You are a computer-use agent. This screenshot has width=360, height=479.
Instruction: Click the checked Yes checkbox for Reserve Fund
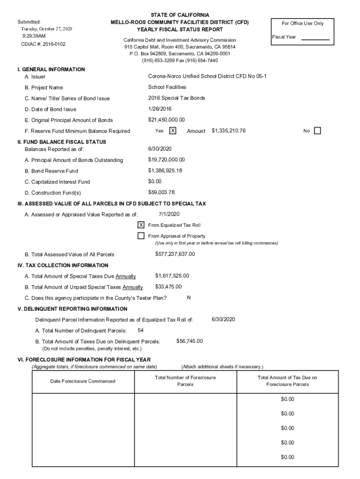point(173,131)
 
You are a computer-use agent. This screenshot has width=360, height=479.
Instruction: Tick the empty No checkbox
point(317,131)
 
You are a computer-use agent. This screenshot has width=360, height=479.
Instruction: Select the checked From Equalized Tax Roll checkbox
point(141,225)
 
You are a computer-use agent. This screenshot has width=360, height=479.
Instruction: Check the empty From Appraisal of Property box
point(141,236)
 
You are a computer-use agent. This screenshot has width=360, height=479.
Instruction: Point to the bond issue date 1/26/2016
point(161,109)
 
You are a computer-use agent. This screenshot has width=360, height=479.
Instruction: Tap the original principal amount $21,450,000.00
point(166,120)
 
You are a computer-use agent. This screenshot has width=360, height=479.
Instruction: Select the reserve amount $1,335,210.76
point(229,131)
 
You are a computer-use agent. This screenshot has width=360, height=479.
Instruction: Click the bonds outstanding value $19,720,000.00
point(166,160)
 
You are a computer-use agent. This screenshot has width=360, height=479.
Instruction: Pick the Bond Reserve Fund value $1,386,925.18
point(165,171)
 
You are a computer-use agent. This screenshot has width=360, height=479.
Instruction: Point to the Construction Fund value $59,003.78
point(161,192)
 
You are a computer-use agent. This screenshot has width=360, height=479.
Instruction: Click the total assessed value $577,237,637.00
point(175,254)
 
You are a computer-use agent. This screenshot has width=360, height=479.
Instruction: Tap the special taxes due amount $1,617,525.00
point(172,276)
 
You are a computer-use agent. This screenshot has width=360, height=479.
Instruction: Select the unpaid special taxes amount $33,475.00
point(168,287)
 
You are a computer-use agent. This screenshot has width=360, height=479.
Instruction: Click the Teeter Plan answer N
point(188,298)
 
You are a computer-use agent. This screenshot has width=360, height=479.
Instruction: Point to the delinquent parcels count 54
point(141,330)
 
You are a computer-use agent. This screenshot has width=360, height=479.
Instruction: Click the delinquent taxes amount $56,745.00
point(189,341)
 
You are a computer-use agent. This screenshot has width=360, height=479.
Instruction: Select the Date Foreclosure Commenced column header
point(83,381)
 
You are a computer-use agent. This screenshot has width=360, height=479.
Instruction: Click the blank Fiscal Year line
point(315,39)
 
